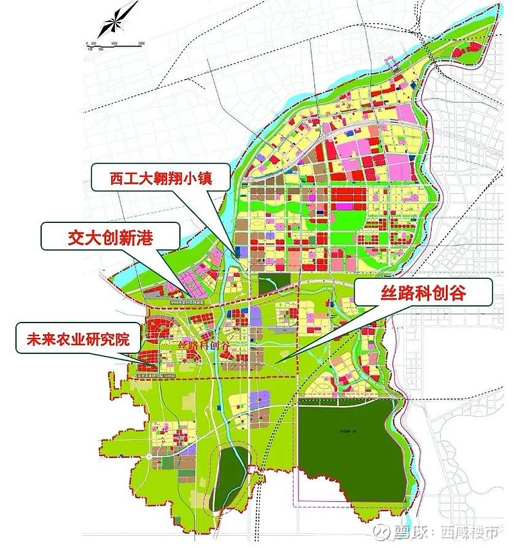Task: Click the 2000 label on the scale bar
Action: (x=141, y=42)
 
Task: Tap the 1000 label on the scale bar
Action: (x=114, y=42)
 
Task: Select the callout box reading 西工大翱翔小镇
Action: (x=160, y=177)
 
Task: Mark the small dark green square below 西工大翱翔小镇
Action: (x=267, y=283)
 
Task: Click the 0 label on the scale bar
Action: (x=87, y=42)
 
